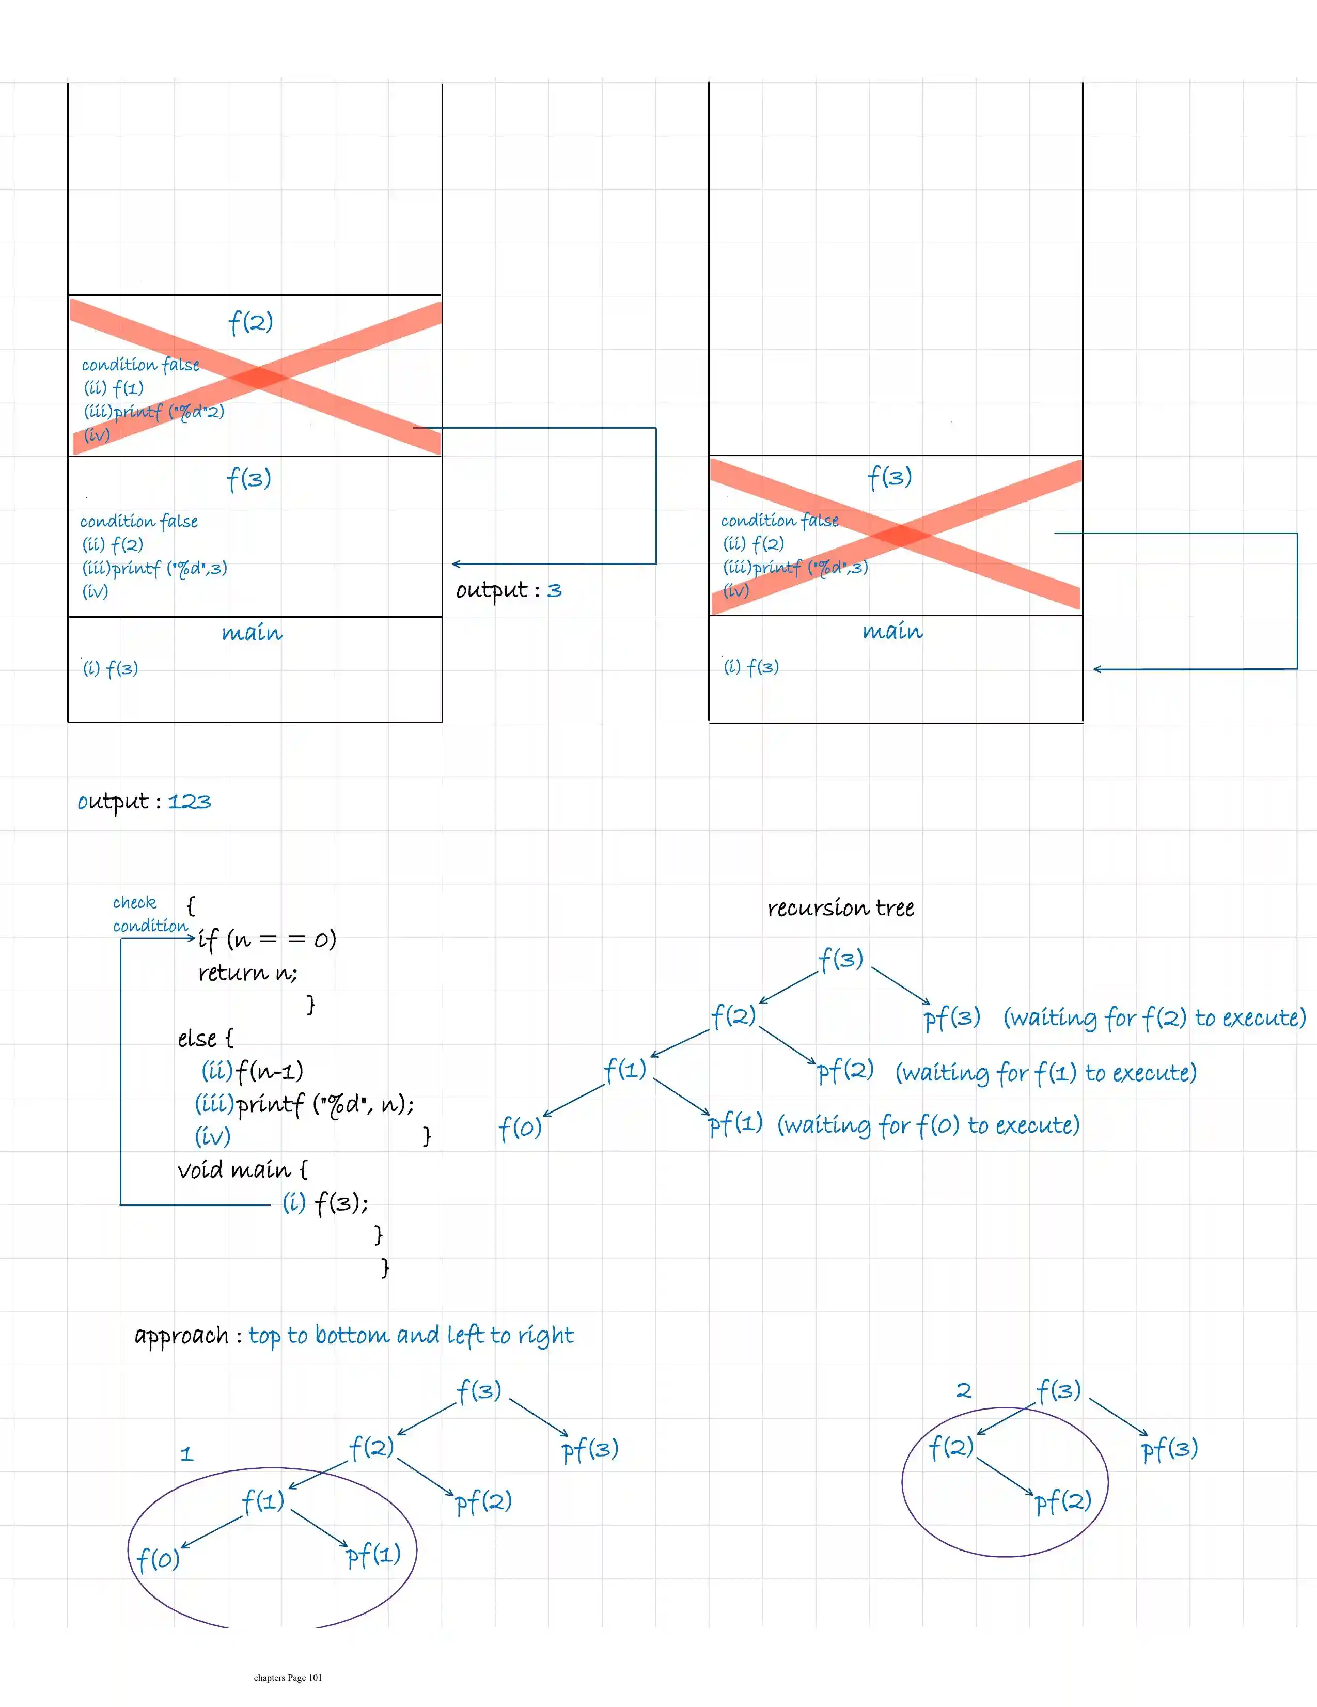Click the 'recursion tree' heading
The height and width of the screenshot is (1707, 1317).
pyautogui.click(x=840, y=908)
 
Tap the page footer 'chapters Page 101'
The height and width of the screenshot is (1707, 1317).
pyautogui.click(x=288, y=1677)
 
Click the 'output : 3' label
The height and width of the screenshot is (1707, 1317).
pyautogui.click(x=509, y=590)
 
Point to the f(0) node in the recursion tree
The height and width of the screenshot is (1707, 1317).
pyautogui.click(x=520, y=1128)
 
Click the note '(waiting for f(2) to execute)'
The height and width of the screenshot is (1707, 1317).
pyautogui.click(x=1154, y=1017)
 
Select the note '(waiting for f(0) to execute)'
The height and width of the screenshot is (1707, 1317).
pyautogui.click(x=928, y=1125)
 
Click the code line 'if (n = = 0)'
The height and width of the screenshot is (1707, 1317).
pyautogui.click(x=266, y=938)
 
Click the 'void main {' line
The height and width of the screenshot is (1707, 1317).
pyautogui.click(x=242, y=1170)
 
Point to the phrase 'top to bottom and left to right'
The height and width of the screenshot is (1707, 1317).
pyautogui.click(x=411, y=1336)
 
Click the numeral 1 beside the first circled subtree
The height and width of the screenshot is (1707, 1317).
pyautogui.click(x=186, y=1454)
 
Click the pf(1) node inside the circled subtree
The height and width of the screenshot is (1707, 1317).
pyautogui.click(x=373, y=1555)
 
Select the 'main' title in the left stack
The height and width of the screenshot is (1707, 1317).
pyautogui.click(x=252, y=633)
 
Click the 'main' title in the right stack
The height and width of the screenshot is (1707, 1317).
pyautogui.click(x=892, y=632)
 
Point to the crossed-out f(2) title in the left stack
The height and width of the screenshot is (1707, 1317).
pyautogui.click(x=250, y=322)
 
